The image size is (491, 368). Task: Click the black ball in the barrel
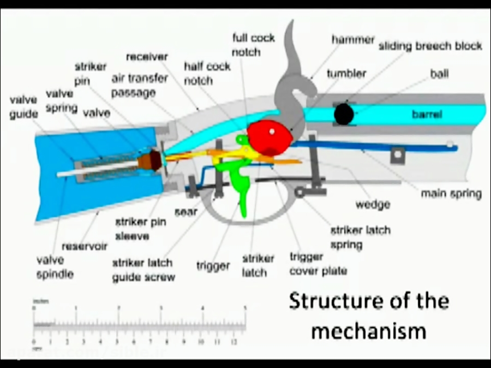[343, 114]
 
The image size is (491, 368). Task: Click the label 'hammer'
[353, 40]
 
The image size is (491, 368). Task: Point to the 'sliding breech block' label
[430, 46]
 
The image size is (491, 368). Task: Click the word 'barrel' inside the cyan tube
[427, 115]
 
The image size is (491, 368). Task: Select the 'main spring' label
[451, 193]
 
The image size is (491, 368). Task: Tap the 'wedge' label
[373, 204]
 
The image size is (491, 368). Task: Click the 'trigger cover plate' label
[318, 264]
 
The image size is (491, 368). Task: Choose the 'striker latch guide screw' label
[143, 270]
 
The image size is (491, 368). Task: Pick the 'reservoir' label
[85, 246]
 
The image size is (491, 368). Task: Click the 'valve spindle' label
[55, 267]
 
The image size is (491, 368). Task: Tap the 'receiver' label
[147, 57]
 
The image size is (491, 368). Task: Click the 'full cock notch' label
[253, 45]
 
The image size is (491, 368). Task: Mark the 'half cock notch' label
[207, 73]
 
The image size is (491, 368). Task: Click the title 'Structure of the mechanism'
[369, 316]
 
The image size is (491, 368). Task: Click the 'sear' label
[185, 211]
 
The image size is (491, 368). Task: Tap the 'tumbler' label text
[346, 73]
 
